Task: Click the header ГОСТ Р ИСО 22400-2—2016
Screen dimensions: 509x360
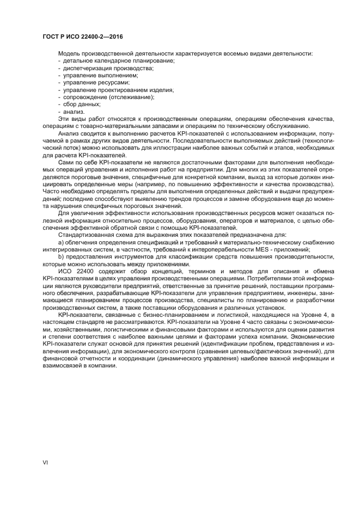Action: pyautogui.click(x=82, y=36)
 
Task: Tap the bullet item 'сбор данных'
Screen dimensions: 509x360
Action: pyautogui.click(x=82, y=104)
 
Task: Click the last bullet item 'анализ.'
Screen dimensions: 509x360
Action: pyautogui.click(x=74, y=111)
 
